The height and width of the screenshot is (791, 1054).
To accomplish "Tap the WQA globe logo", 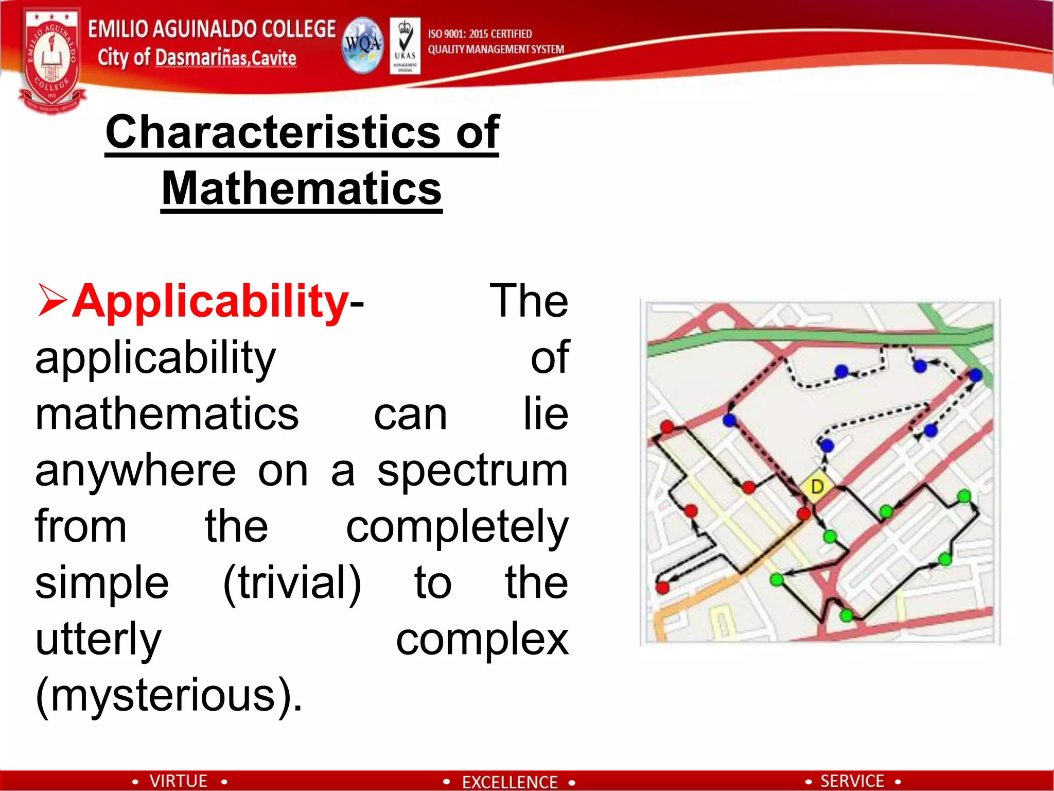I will point(363,45).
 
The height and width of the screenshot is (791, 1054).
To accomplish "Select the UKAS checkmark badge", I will point(405,45).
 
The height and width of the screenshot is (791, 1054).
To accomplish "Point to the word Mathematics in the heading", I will point(302,188).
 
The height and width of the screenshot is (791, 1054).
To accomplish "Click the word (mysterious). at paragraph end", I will point(169,695).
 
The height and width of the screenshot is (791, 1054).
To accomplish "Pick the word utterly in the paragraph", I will point(98,639).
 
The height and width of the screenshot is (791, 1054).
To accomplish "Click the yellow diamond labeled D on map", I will point(817,486).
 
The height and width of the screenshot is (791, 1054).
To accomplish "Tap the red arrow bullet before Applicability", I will point(52,300).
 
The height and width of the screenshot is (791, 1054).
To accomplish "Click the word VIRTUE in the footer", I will point(178,781).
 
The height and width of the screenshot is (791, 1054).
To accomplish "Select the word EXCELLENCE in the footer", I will point(510,782).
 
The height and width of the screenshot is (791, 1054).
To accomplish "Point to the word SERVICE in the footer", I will point(852,781).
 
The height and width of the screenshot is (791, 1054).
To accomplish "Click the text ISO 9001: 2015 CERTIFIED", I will point(480,34).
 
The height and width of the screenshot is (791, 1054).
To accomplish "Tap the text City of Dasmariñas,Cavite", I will point(197,58).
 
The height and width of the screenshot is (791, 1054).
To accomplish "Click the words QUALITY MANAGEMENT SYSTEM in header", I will point(496,49).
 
